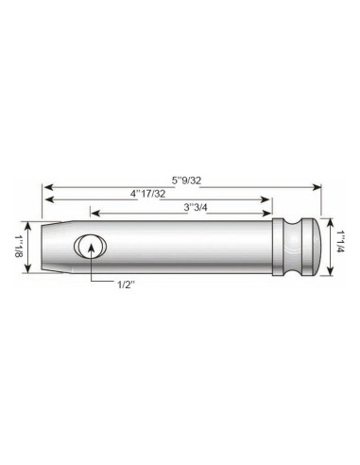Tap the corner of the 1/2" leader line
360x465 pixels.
91,283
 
